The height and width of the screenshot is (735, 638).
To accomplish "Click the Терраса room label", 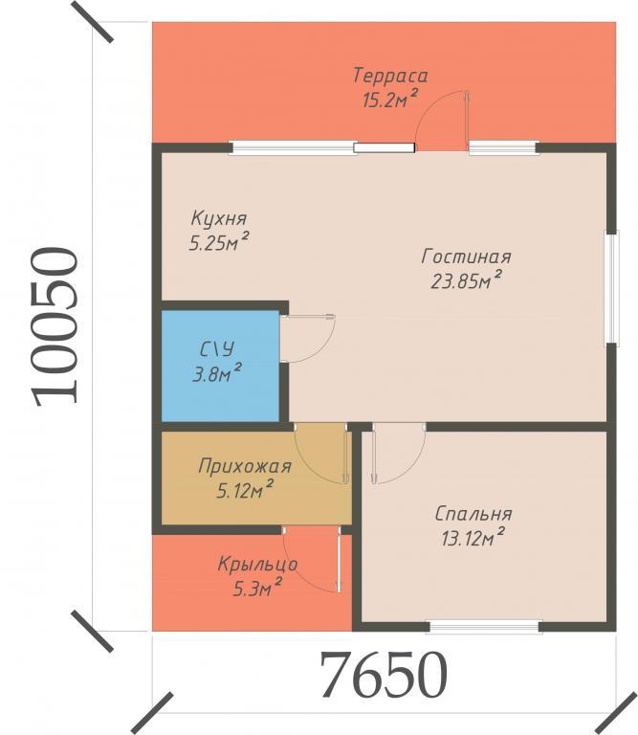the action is coord(390,76).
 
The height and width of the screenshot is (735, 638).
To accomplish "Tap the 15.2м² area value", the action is coord(389,100).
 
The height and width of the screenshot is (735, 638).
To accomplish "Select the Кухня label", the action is coord(219,218).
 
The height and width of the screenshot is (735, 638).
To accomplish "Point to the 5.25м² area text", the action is coord(218,242).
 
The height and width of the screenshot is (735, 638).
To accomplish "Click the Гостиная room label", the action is coord(466,256).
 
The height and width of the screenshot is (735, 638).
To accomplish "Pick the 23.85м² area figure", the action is coord(467,280).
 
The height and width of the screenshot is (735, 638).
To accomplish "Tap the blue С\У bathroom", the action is coord(220,366).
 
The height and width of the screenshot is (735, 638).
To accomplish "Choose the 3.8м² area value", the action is coord(217,373).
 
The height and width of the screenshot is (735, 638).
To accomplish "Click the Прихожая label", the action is coord(245,466).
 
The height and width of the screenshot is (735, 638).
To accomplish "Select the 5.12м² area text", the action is coord(245,490).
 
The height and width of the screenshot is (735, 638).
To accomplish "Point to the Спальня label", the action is coord(473,514).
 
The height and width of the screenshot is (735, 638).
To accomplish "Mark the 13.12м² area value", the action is coord(473,538).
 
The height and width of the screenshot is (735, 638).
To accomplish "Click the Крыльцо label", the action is coord(257,565).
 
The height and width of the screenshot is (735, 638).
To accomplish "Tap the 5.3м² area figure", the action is coord(257,588).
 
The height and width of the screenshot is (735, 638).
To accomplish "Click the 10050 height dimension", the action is coord(55,325).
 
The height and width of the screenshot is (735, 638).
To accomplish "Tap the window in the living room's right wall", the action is coord(612,288).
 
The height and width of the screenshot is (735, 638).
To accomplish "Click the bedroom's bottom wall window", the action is coord(484,626).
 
